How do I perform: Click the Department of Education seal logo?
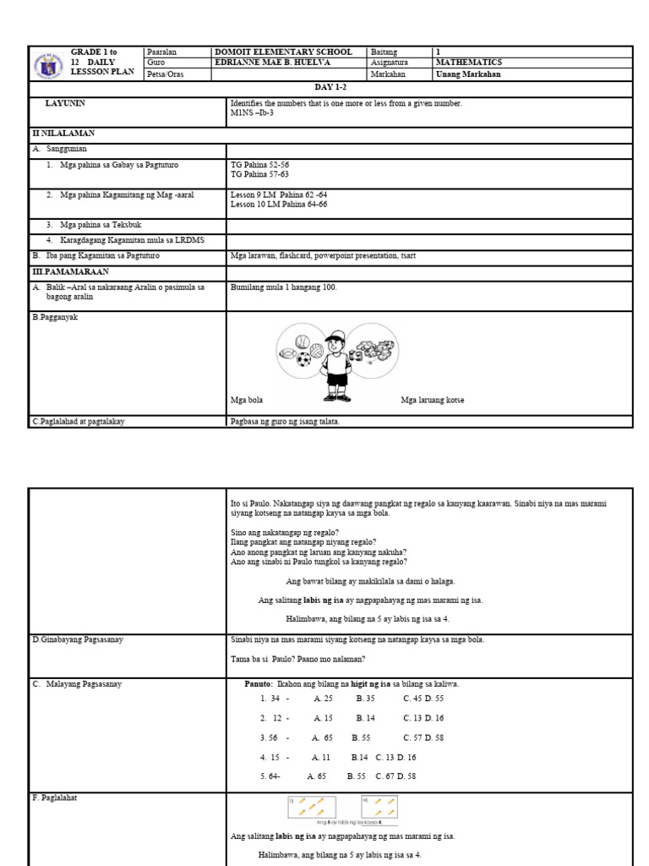(51, 63)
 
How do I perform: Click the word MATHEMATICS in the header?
(468, 63)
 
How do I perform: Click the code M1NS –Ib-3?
(252, 112)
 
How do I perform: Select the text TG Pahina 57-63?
(259, 174)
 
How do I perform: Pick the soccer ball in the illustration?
(303, 359)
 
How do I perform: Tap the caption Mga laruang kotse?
(432, 400)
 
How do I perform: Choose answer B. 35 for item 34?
(365, 699)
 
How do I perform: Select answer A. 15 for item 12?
(323, 718)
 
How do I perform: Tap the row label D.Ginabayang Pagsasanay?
(78, 639)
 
